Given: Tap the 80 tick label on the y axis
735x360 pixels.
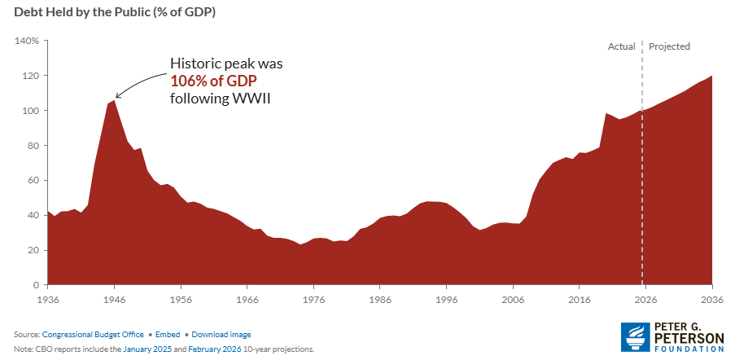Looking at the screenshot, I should pos(33,146).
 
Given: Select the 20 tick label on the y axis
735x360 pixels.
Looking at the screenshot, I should pos(33,250).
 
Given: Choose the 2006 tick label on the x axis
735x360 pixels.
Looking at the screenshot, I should pos(514,299).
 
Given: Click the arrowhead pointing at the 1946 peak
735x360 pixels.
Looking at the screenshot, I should pos(117,96).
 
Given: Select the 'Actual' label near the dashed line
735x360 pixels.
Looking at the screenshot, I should pos(622,46).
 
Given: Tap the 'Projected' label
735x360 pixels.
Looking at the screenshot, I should pos(669,46).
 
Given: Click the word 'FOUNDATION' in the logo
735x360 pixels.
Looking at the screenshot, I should pos(689,349).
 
